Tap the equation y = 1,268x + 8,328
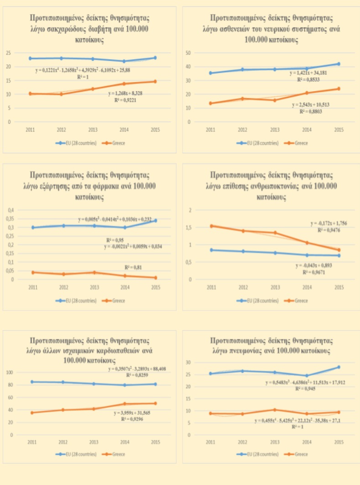129,94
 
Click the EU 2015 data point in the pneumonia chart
339,367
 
